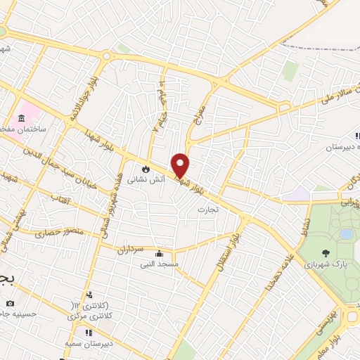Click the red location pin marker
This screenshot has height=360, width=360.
(180, 165)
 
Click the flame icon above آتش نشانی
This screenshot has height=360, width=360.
(146, 169)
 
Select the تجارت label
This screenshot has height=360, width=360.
(207, 210)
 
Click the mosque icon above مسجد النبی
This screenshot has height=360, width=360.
(158, 253)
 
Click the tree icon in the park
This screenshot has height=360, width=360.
(325, 252)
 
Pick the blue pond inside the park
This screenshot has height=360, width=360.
(346, 233)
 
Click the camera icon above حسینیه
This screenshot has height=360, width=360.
(10, 303)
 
